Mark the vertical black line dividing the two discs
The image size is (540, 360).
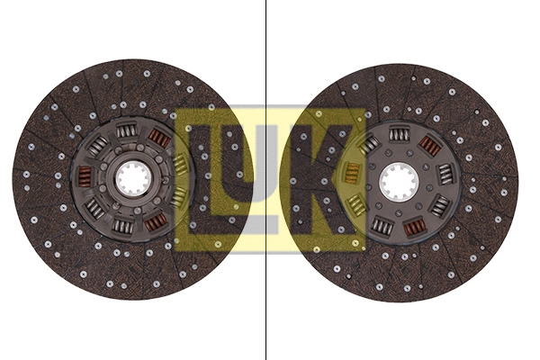point(266,54)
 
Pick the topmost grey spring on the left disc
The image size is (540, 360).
point(127,135)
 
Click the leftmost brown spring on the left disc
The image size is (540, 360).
point(85,176)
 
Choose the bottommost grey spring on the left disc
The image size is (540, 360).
point(123,224)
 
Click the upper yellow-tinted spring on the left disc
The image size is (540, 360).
point(179,165)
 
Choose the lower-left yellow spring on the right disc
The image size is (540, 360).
point(357,206)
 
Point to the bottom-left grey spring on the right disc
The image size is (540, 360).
point(382,225)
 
